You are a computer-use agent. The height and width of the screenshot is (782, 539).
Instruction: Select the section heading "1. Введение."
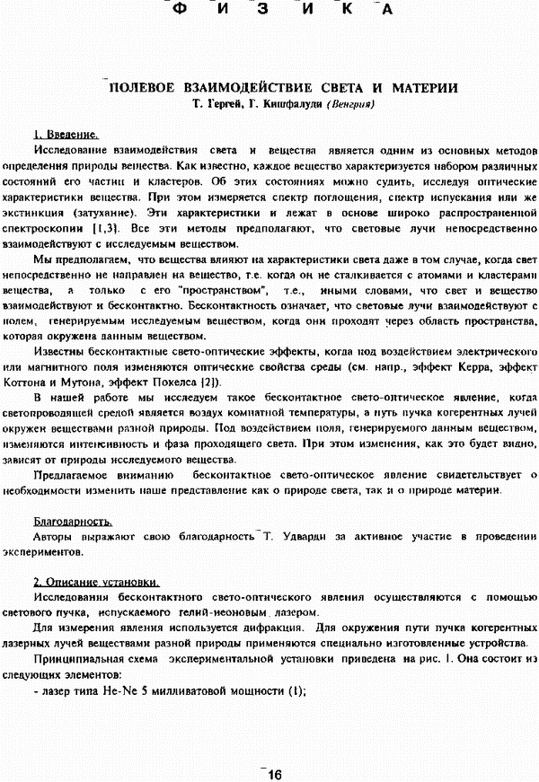pyautogui.click(x=65, y=135)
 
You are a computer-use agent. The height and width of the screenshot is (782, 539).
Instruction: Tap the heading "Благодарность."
pyautogui.click(x=72, y=520)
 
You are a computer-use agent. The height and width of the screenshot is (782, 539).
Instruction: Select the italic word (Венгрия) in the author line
pyautogui.click(x=351, y=104)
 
